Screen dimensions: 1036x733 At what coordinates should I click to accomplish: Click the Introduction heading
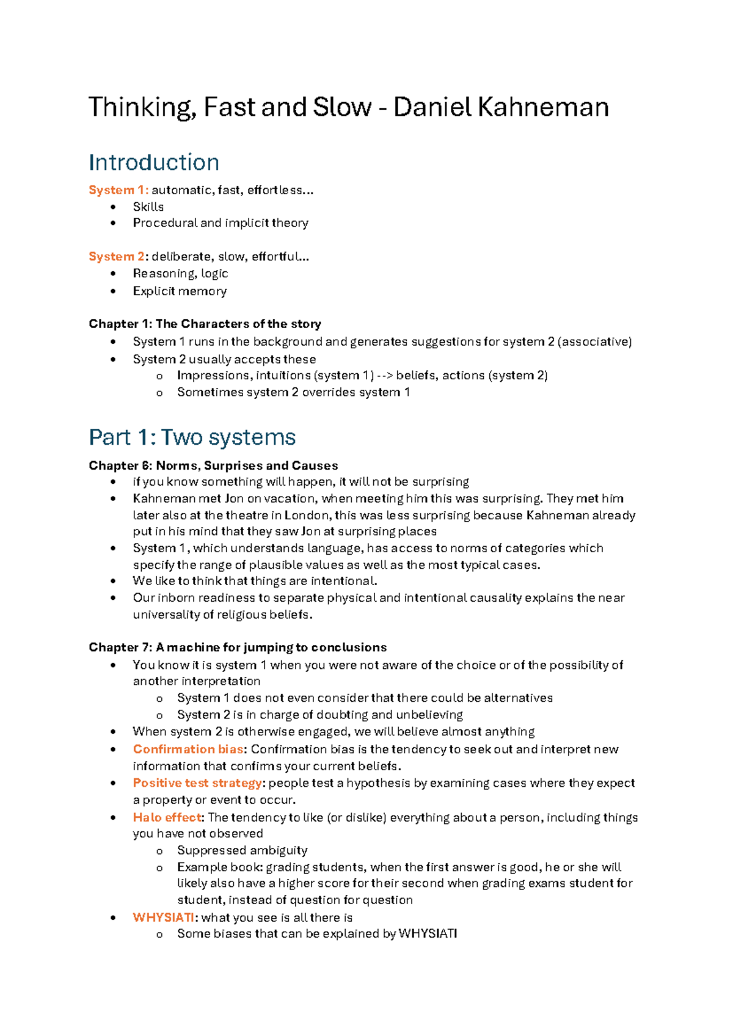[x=153, y=162]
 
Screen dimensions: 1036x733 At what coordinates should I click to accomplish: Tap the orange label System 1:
[x=119, y=190]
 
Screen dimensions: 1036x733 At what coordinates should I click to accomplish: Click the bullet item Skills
[x=148, y=206]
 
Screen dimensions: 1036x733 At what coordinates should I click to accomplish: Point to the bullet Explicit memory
[x=180, y=291]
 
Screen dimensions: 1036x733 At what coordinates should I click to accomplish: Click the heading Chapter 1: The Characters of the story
[x=205, y=324]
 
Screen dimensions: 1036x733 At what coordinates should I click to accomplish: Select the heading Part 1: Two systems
[x=192, y=437]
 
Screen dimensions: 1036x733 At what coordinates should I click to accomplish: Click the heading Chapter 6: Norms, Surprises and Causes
[x=213, y=465]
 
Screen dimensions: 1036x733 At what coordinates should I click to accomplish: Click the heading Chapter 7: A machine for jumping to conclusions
[x=238, y=647]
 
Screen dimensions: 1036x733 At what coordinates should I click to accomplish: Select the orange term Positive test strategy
[x=197, y=783]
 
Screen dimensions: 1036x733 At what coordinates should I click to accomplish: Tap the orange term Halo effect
[x=167, y=817]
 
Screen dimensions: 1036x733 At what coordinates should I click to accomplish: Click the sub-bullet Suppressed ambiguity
[x=242, y=850]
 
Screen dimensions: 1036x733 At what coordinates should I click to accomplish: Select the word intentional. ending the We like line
[x=344, y=581]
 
